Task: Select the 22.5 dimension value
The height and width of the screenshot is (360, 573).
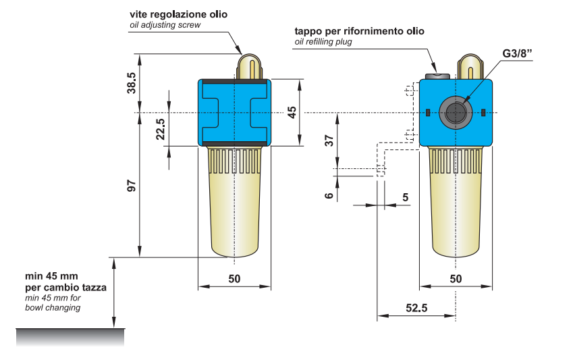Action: pyautogui.click(x=160, y=128)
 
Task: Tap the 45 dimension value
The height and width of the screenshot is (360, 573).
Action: pyautogui.click(x=292, y=112)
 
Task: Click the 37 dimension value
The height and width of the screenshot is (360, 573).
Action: pyautogui.click(x=329, y=140)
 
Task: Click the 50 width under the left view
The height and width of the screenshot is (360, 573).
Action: pyautogui.click(x=234, y=278)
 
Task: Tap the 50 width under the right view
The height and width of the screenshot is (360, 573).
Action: pyautogui.click(x=456, y=278)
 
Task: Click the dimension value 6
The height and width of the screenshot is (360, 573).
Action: pyautogui.click(x=329, y=195)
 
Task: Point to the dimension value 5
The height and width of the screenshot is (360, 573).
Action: pyautogui.click(x=405, y=197)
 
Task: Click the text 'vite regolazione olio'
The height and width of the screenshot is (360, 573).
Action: pyautogui.click(x=178, y=14)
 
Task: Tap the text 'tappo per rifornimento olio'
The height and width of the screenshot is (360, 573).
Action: pyautogui.click(x=359, y=31)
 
